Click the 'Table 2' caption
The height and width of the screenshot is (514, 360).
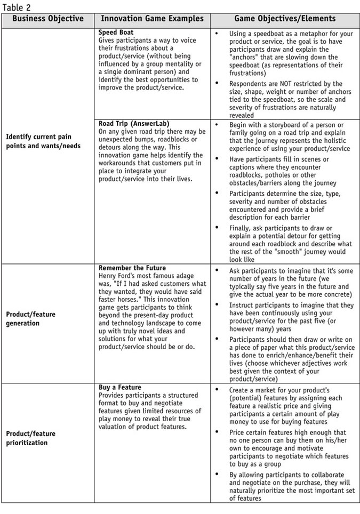click(16, 7)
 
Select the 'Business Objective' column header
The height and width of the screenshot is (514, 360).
click(48, 19)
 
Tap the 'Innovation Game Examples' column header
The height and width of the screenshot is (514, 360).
click(152, 19)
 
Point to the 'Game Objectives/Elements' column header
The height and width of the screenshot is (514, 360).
click(285, 19)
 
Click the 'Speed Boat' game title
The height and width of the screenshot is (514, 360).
click(116, 33)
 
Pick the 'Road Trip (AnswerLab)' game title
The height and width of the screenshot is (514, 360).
click(134, 124)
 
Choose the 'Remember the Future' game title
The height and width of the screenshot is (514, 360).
click(132, 268)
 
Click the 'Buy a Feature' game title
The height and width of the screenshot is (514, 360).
click(120, 387)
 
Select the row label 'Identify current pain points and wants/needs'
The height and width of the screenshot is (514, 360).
click(38, 141)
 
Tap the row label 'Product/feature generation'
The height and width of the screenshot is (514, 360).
click(30, 319)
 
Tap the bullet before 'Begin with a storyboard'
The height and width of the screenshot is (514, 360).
click(217, 125)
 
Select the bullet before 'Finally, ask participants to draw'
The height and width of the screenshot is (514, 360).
click(217, 227)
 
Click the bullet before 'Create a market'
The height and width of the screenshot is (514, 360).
click(217, 390)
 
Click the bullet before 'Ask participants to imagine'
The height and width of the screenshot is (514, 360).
click(217, 270)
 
